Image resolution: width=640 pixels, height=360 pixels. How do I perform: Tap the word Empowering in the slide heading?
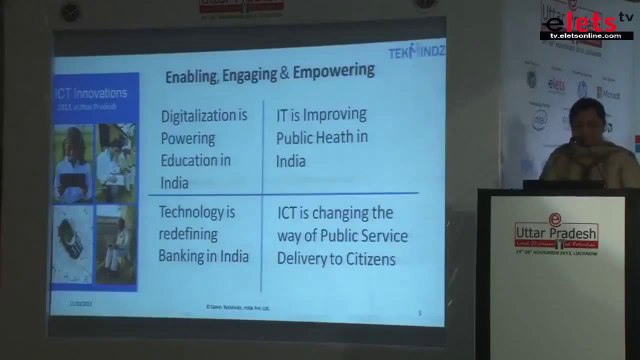pyautogui.click(x=331, y=72)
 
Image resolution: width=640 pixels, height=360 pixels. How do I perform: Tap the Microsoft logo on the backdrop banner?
pyautogui.click(x=609, y=91)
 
